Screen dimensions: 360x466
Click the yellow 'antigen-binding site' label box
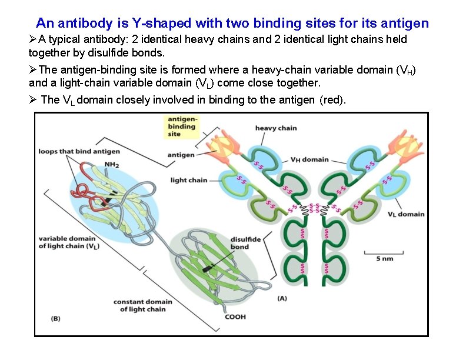coord(182,126)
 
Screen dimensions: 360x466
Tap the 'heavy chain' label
coord(276,128)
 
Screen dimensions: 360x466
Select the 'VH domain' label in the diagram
coord(309,159)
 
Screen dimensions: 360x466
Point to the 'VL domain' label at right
coord(405,214)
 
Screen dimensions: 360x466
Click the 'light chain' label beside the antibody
coord(189,180)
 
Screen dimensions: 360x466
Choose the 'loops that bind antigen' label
coord(79,152)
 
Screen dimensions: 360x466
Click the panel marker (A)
coord(282,298)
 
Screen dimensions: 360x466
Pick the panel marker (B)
coord(55,318)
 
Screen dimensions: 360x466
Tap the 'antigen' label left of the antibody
coord(181,155)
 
